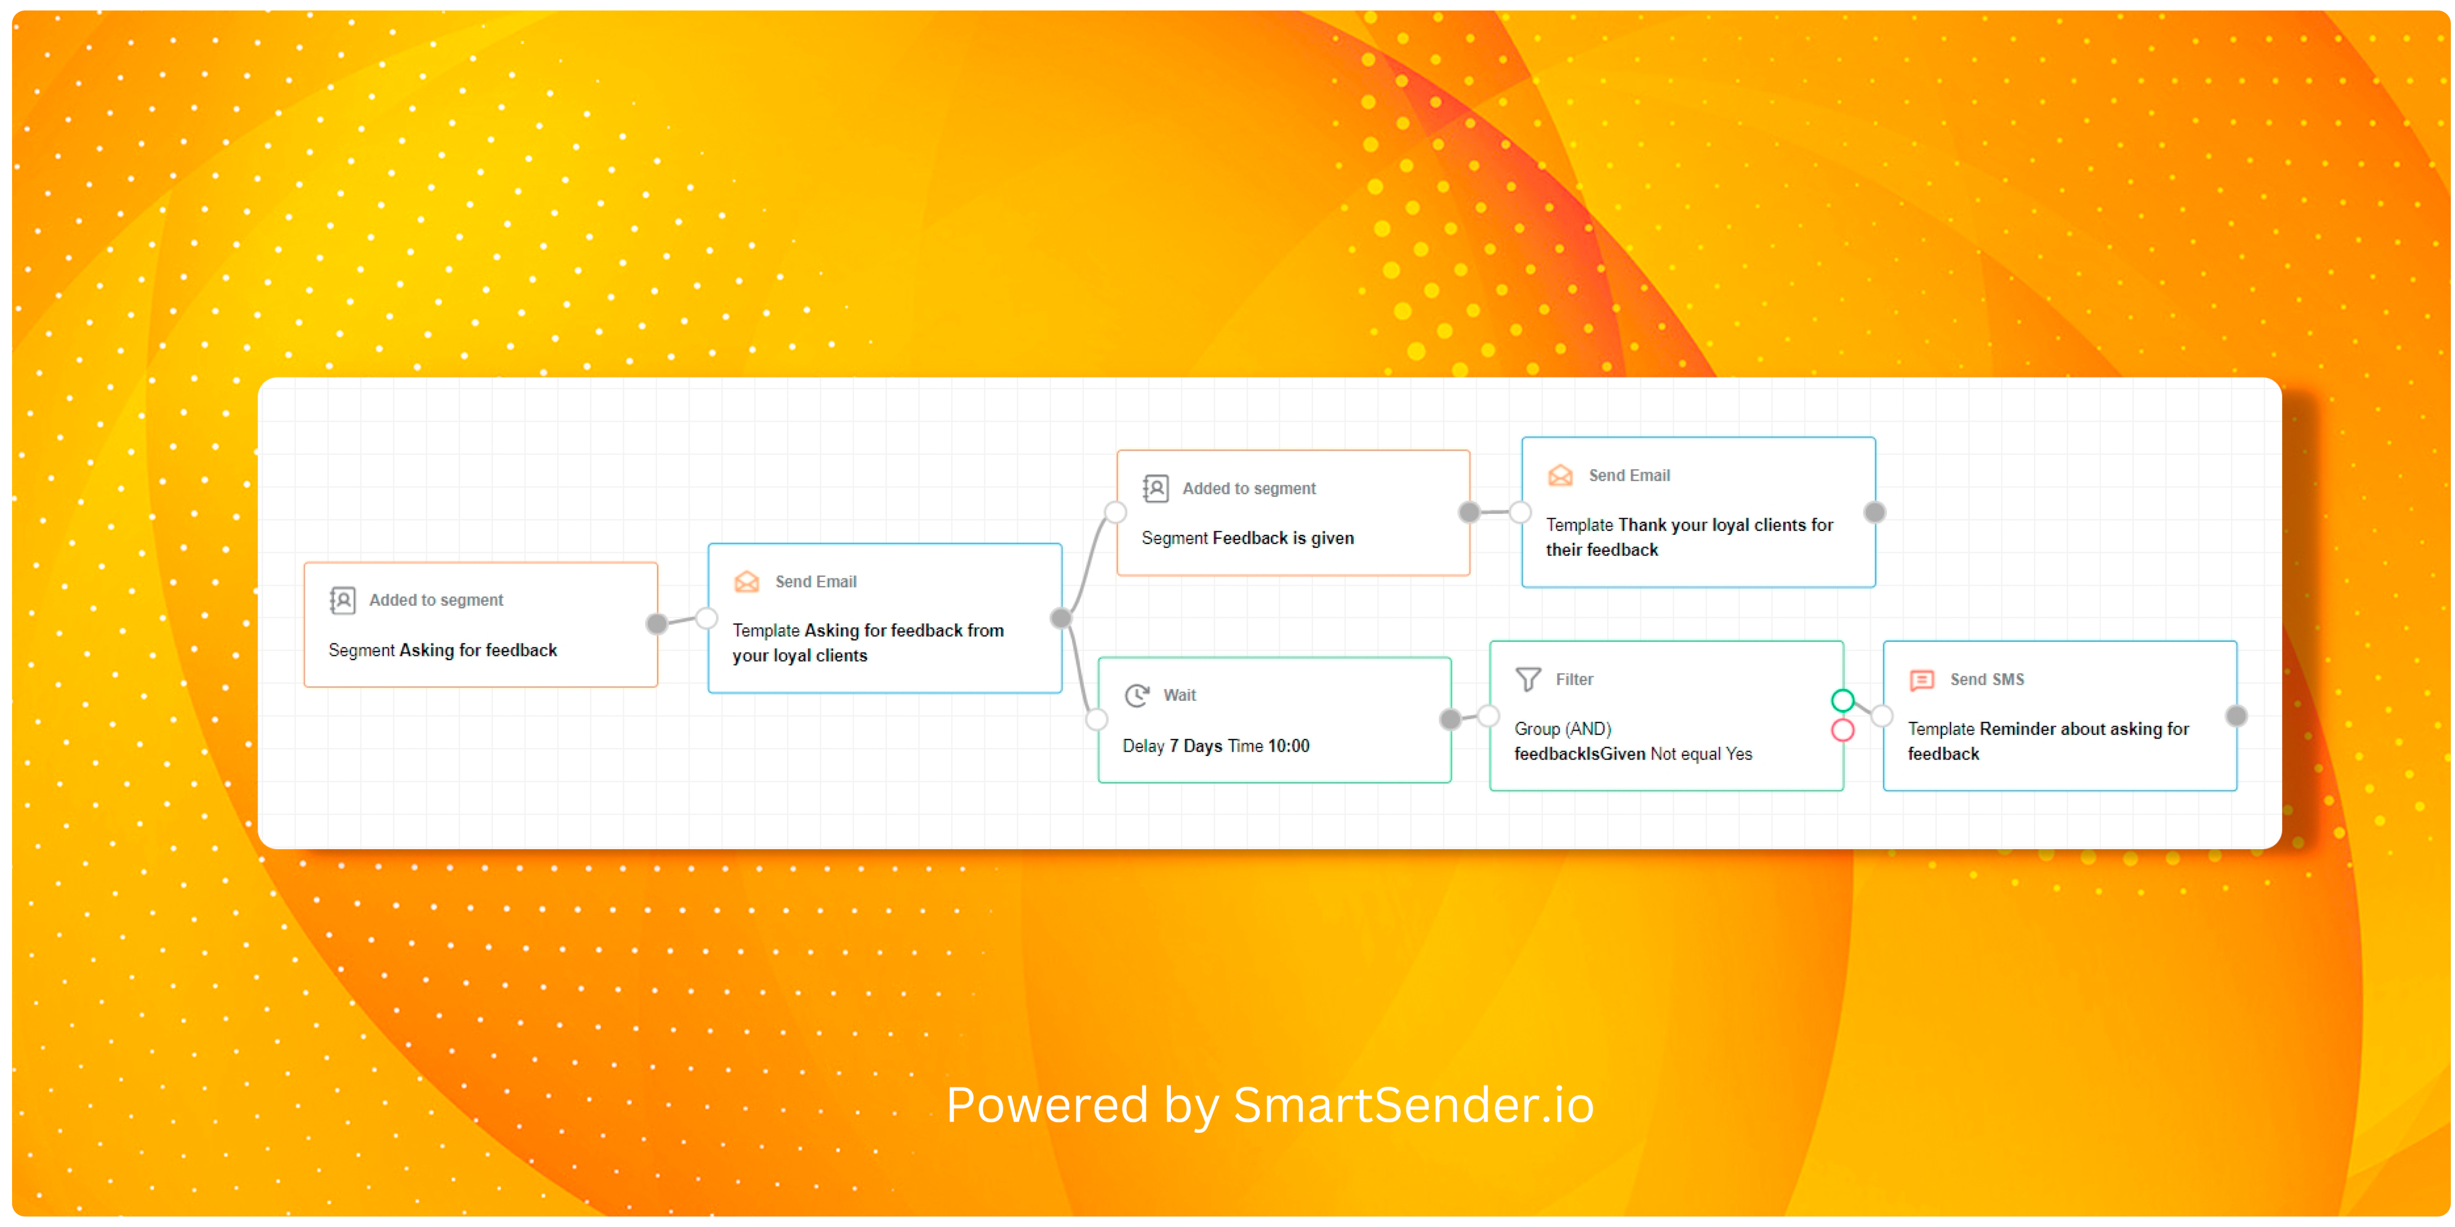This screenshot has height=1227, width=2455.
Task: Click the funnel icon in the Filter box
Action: coord(1528,679)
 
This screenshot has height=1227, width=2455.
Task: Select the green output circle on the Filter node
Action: coord(1842,701)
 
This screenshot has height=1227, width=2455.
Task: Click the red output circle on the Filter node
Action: coord(1842,731)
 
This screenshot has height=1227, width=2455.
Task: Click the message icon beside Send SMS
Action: coord(1921,680)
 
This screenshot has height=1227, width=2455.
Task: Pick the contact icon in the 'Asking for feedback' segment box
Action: coord(342,600)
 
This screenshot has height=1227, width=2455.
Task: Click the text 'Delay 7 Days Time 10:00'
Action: coord(1216,746)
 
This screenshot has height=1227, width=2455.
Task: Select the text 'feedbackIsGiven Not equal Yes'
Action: coord(1632,754)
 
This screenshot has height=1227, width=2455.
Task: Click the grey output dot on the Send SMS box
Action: coord(2236,716)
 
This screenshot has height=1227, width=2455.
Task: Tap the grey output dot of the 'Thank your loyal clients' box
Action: coord(1875,512)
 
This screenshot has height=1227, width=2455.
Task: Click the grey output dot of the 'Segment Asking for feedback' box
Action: coord(657,624)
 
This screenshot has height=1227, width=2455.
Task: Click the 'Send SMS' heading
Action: coord(1987,679)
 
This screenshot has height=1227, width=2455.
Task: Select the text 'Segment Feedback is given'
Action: coord(1247,538)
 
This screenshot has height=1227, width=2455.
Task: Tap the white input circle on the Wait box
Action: coord(1097,719)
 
